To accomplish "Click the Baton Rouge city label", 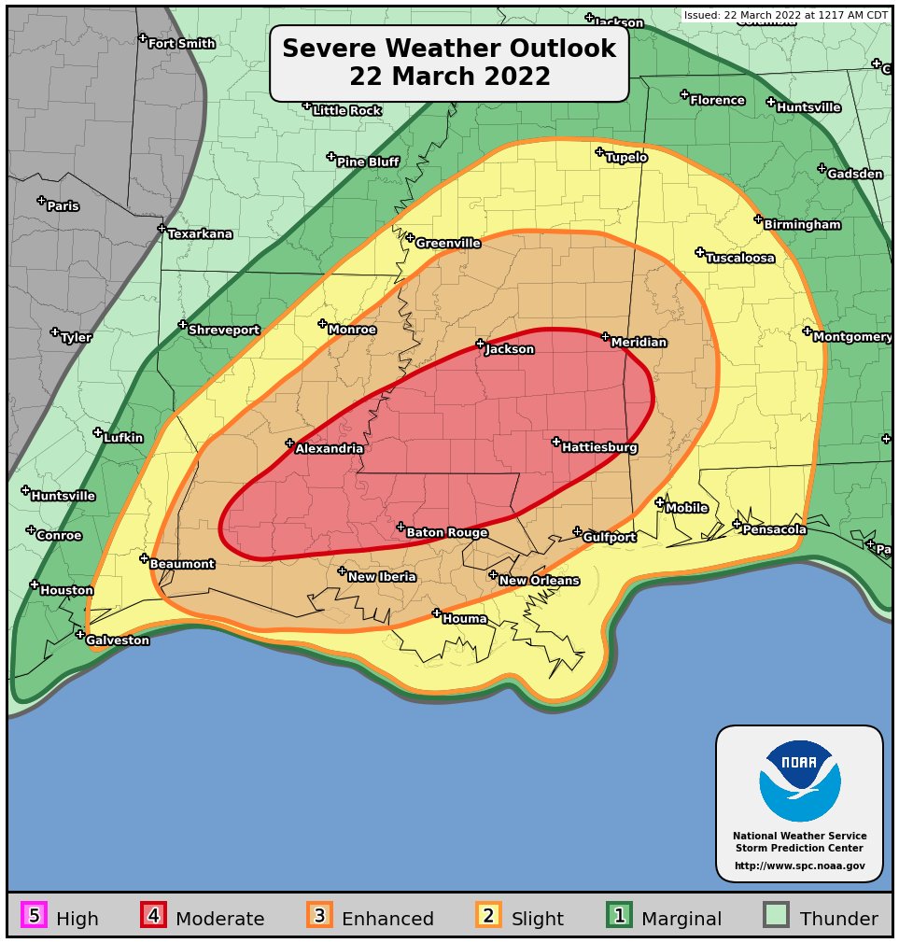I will (446, 533).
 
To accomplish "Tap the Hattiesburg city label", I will (599, 448).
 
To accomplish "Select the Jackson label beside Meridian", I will (510, 349).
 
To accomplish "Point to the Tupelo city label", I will (626, 158).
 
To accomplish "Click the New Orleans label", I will (539, 581).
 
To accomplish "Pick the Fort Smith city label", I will (181, 44).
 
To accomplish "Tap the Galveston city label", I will (118, 640).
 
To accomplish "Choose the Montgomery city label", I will (852, 337).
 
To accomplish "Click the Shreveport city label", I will (224, 331).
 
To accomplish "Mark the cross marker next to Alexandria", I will (289, 443).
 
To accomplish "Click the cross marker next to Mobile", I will (659, 502).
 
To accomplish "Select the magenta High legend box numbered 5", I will (34, 916).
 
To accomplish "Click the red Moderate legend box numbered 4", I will (153, 916).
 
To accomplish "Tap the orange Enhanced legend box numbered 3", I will (319, 916).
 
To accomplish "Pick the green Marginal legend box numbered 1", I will (619, 916).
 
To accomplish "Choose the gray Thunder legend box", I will (777, 916).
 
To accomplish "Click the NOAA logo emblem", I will (799, 781).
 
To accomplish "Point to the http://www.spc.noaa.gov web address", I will (799, 866).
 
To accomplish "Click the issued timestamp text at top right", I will (785, 16).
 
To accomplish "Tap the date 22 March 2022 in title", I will (449, 77).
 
